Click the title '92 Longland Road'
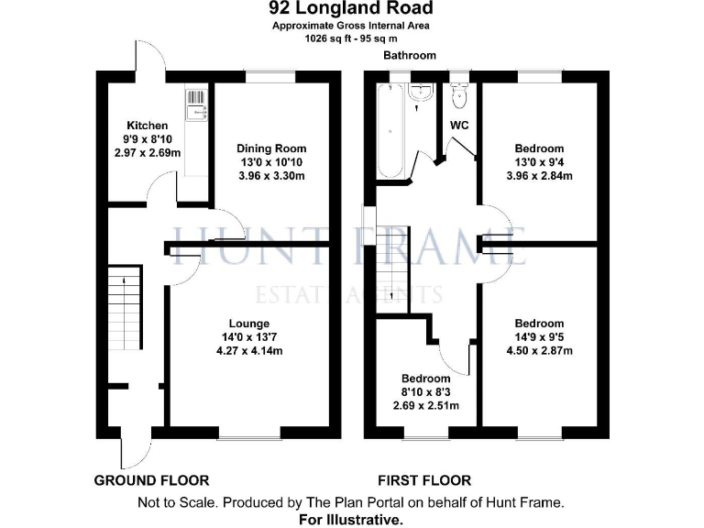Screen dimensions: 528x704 [x=350, y=9]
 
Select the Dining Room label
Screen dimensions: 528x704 [x=271, y=148]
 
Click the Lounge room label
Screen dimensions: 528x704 [x=249, y=324]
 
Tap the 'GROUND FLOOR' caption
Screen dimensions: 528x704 [x=152, y=480]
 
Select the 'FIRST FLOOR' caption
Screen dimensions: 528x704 [x=424, y=480]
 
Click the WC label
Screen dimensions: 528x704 [x=459, y=125]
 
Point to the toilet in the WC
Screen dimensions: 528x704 [x=460, y=94]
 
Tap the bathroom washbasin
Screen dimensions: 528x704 [x=422, y=92]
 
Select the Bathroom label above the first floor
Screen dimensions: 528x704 [x=410, y=56]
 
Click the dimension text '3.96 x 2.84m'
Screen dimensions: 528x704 [x=539, y=176]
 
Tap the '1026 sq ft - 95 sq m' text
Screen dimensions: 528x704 [x=350, y=38]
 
